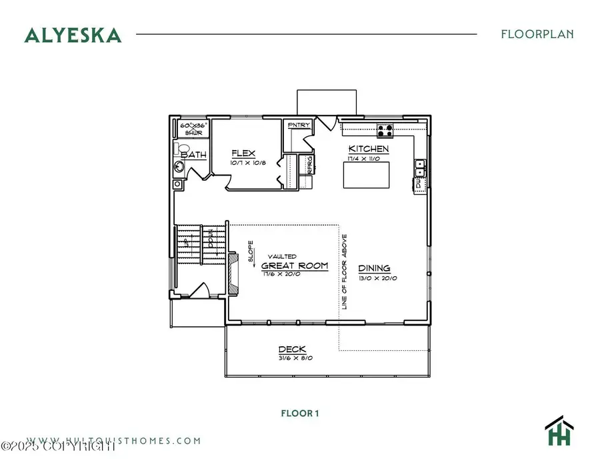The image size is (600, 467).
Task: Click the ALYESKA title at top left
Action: (73, 34)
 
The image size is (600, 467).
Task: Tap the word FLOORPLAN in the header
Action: (537, 34)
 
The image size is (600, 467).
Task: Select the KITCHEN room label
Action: (369, 149)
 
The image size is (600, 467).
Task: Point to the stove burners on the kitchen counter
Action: (385, 129)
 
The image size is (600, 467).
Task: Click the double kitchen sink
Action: (421, 167)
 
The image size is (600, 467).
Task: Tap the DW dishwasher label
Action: (419, 181)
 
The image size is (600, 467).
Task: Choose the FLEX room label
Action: (243, 153)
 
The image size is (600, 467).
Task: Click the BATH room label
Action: (194, 155)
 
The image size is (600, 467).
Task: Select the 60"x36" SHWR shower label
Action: (194, 128)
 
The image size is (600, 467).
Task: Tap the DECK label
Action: (291, 350)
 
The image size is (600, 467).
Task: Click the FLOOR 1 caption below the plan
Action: (299, 414)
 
